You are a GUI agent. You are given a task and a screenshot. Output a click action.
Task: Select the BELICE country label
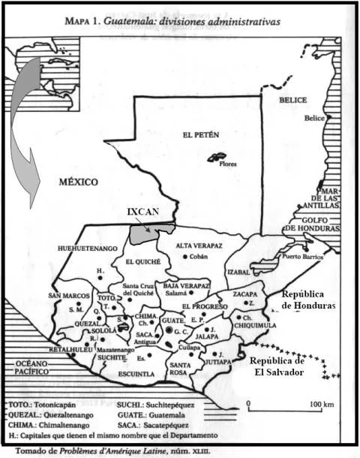(294, 100)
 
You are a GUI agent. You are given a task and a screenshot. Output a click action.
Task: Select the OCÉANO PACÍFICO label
(28, 367)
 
